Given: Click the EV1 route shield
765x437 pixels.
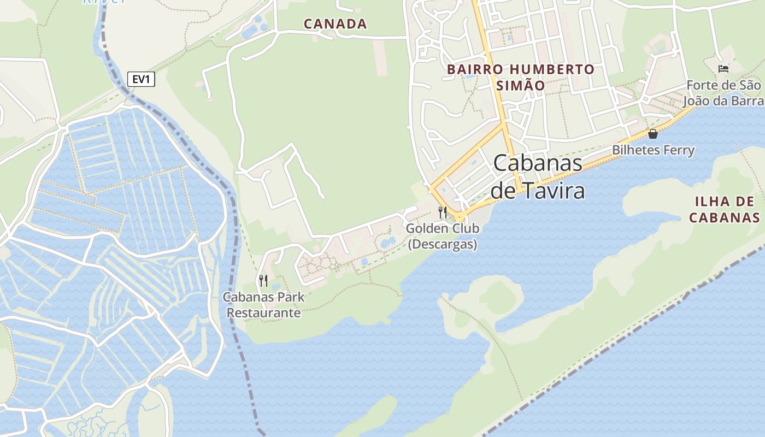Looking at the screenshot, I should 141,79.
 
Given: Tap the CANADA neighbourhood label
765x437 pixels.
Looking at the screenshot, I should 335,24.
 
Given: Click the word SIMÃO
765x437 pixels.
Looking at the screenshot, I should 520,86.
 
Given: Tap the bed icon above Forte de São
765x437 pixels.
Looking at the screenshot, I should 723,68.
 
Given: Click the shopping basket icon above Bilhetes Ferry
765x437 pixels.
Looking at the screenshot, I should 652,134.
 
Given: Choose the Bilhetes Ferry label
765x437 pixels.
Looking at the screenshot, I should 653,150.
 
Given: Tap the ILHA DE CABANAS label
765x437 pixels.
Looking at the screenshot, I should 724,209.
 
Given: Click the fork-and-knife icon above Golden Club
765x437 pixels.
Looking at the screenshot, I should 443,212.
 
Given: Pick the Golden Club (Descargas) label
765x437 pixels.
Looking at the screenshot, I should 443,236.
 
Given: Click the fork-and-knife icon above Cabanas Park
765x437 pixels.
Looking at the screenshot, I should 263,281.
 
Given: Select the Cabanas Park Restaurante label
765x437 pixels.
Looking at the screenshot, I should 264,305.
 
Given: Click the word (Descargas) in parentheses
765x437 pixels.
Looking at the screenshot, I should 443,244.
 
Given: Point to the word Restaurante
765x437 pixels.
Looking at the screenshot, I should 264,313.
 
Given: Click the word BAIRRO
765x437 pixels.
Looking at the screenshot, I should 472,69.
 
